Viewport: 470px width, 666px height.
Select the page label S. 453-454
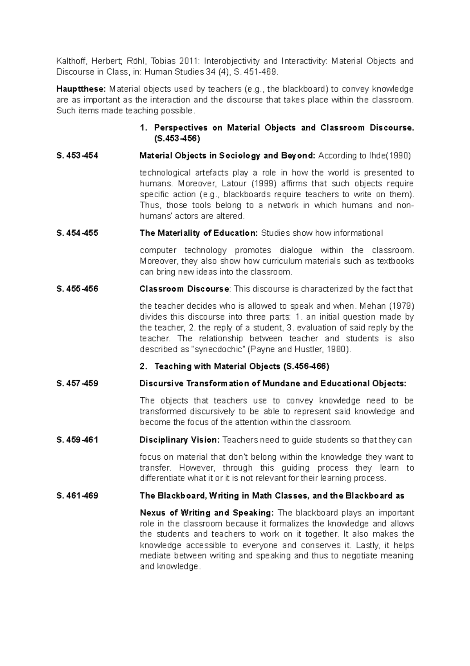tap(77, 156)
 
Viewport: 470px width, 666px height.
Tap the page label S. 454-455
tap(77, 233)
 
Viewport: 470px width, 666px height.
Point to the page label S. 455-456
tap(77, 289)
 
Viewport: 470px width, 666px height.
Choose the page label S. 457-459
tap(77, 384)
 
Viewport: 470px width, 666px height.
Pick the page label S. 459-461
tap(77, 440)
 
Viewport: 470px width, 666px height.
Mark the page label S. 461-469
tap(77, 496)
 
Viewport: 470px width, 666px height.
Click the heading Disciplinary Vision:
tap(180, 440)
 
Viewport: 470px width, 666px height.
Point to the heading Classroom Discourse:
tap(185, 289)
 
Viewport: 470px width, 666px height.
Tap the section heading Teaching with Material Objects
tap(217, 366)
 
